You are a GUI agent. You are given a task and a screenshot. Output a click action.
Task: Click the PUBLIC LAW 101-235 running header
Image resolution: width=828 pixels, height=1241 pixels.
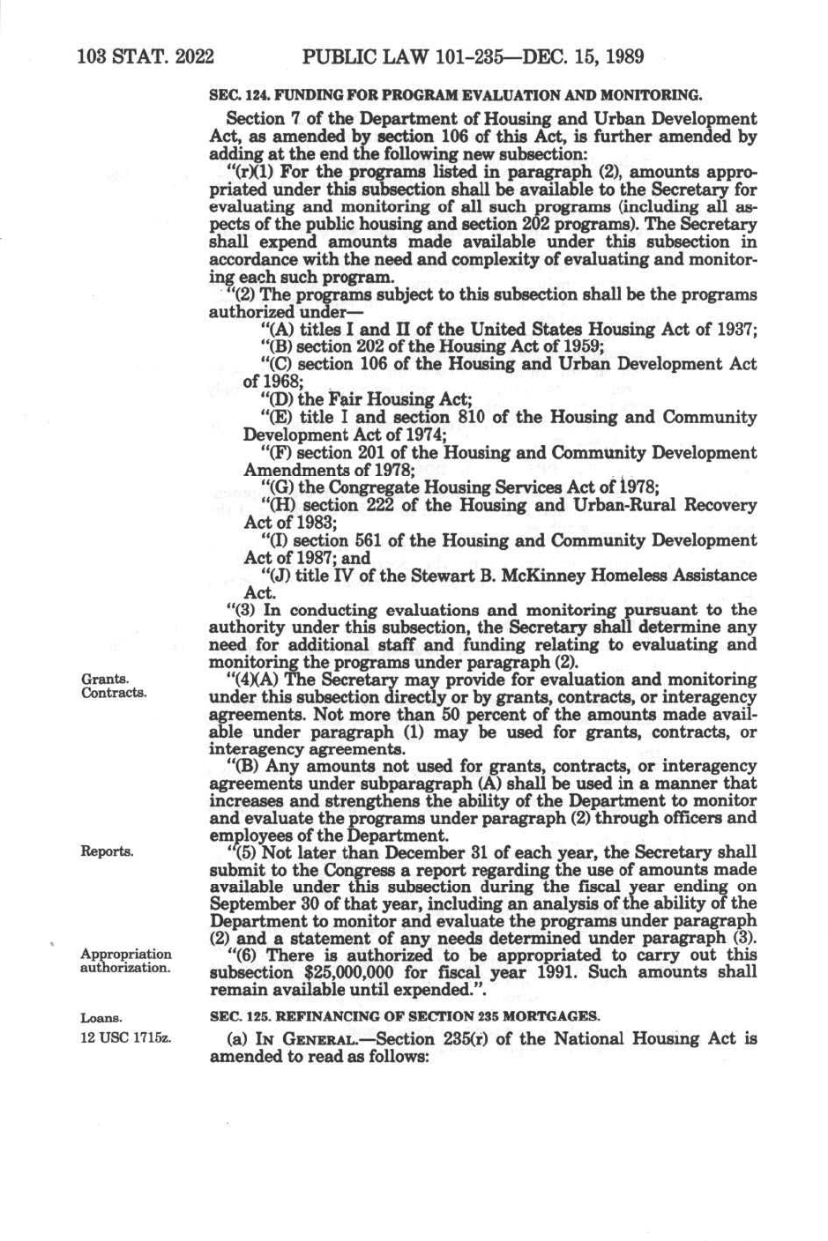[x=473, y=58]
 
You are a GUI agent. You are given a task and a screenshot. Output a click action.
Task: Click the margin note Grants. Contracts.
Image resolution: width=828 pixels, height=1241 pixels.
[x=113, y=686]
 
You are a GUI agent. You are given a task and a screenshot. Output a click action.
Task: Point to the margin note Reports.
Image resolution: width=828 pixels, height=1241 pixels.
[x=107, y=852]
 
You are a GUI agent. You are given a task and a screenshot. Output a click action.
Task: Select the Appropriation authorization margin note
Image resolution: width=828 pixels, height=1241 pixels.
[x=125, y=961]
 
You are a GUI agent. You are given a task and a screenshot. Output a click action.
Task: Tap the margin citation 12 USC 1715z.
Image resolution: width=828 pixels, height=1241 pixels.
[x=125, y=1037]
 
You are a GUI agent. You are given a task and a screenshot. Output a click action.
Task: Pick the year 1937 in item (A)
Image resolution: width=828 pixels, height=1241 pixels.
[x=737, y=330]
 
